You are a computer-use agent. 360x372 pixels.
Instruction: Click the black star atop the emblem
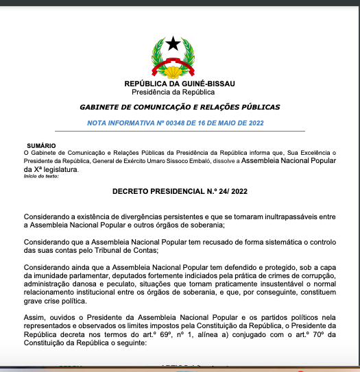pos(173,45)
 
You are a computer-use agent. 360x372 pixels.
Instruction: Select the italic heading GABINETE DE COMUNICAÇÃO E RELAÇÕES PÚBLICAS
pos(180,108)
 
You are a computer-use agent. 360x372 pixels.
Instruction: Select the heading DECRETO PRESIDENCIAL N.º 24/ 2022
pos(180,193)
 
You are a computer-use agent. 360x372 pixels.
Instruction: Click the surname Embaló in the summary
pos(190,160)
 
